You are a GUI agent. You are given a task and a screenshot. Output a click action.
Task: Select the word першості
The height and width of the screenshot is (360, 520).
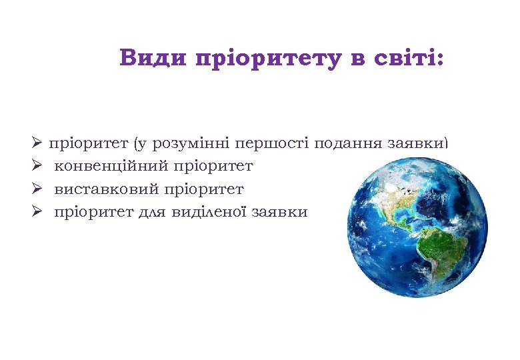point(277,143)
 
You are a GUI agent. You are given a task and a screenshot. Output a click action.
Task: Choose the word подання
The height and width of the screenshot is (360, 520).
point(347,143)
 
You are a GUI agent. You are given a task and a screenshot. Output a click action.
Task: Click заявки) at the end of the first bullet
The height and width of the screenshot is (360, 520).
point(419,143)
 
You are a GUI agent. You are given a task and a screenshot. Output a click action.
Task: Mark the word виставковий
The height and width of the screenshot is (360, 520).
point(107,189)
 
